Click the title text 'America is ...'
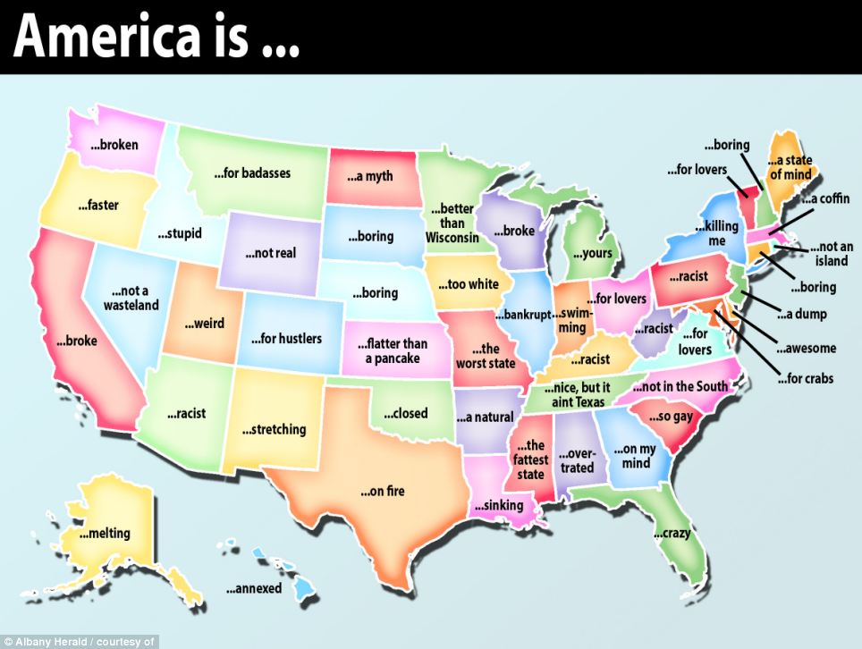click(156, 37)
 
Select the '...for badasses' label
click(251, 173)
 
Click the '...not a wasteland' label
click(131, 299)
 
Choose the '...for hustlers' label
click(285, 339)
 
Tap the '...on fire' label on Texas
click(383, 491)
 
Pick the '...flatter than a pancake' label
click(392, 350)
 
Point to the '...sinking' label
click(498, 506)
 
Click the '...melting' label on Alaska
click(105, 534)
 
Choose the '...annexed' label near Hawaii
click(253, 589)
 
